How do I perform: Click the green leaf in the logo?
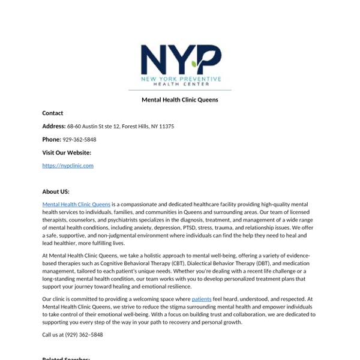[194, 62]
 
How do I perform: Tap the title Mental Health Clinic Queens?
[180, 100]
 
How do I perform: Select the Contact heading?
[53, 113]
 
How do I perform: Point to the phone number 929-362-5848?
[79, 140]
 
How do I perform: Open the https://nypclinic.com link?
[68, 166]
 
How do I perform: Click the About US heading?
[56, 192]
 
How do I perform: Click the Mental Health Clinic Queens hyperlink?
[76, 205]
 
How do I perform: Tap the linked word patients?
[202, 299]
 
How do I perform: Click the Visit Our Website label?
[67, 153]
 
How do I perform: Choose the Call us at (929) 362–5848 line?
[73, 335]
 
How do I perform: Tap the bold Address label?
[54, 127]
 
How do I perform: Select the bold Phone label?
[52, 140]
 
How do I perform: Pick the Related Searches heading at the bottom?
[66, 358]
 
